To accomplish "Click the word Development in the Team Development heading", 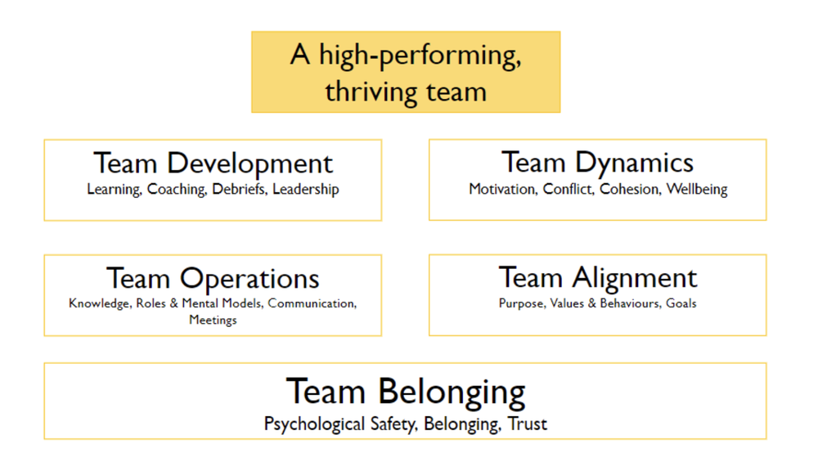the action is coord(249,164).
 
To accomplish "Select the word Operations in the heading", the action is coord(249,279).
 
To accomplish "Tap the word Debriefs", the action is coord(240,190).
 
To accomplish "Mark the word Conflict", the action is coord(566,190).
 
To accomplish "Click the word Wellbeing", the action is coord(696,190).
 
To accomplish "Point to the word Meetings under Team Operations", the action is coord(213,320).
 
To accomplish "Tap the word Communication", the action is coord(312,304).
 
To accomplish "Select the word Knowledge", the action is coord(97,304).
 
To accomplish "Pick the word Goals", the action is coord(681,303).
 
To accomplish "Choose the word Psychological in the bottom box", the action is coord(313,424).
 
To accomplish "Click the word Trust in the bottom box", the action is coord(528,424).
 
